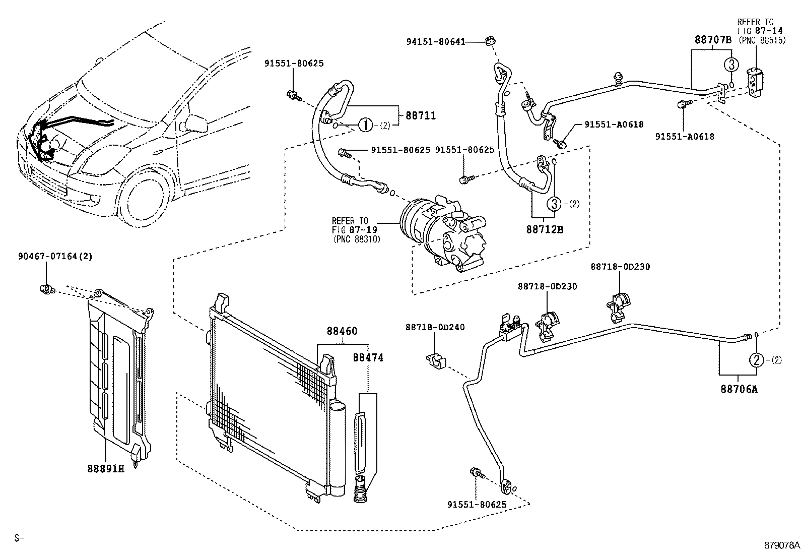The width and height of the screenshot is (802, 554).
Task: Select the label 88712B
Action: [x=545, y=229]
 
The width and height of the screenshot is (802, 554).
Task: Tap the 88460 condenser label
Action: [x=342, y=331]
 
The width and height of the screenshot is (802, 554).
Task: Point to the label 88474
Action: [x=368, y=357]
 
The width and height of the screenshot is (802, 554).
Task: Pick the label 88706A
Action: [x=739, y=389]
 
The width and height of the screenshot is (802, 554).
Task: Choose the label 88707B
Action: [x=712, y=40]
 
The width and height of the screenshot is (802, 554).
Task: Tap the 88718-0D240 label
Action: [x=435, y=327]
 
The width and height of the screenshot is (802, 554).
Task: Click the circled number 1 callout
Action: [x=366, y=126]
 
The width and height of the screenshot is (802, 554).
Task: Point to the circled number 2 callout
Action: [x=757, y=359]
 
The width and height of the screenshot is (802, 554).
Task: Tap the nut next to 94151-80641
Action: [x=489, y=41]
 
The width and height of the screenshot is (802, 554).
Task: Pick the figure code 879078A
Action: [x=782, y=545]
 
